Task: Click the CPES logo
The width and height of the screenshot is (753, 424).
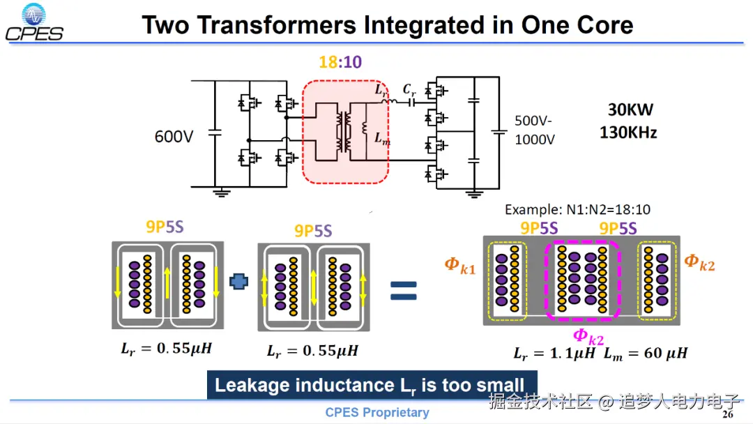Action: coord(33,22)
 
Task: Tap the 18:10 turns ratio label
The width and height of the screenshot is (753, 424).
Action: coord(340,62)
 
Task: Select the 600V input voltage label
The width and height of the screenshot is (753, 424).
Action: coord(174,137)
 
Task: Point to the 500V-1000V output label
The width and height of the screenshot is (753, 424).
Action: coord(535,129)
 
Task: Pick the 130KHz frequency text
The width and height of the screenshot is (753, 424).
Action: coord(628,131)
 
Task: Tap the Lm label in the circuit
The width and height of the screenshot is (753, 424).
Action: coord(381,137)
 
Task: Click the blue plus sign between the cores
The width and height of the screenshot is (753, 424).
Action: coord(239,280)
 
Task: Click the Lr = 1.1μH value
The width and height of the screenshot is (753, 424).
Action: coord(555,354)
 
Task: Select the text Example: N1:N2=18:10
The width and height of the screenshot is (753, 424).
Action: coord(577,209)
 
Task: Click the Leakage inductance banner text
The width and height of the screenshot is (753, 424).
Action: coord(370,385)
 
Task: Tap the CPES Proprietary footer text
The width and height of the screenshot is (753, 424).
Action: coord(377,412)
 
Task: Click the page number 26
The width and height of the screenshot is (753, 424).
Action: coord(728,415)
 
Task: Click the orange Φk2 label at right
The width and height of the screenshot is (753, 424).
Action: coord(699,262)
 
